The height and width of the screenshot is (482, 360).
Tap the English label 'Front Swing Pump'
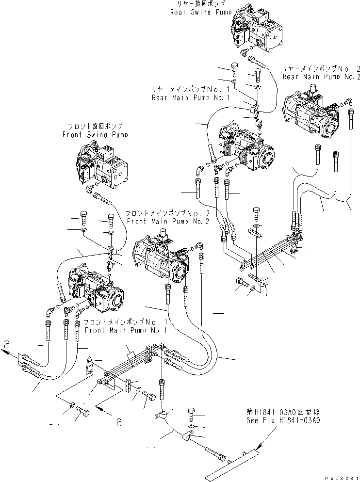tap(95, 135)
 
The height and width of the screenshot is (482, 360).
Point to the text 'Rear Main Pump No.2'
tap(322, 77)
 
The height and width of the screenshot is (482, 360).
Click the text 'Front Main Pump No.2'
tap(168, 221)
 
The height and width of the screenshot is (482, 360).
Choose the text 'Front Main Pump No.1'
tap(126, 330)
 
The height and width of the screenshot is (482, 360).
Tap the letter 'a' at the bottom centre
tap(119, 421)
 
